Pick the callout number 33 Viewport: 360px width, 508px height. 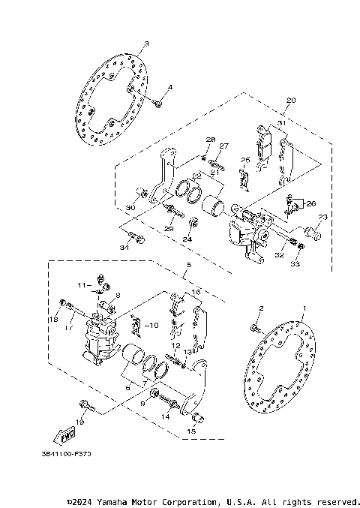(295, 264)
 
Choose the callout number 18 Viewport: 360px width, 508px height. (54, 320)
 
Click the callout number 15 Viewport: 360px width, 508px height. (191, 431)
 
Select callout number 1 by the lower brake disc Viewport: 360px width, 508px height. (304, 309)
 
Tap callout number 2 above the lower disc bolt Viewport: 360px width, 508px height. (261, 309)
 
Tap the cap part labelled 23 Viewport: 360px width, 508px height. (316, 234)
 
